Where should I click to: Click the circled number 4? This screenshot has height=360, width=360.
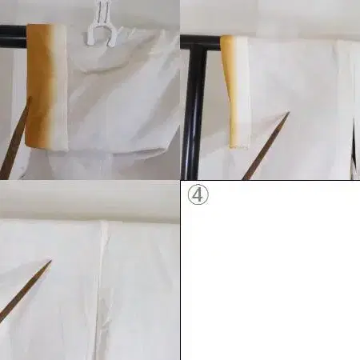click(x=198, y=195)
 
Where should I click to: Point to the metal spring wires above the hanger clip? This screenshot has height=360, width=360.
click(x=102, y=11)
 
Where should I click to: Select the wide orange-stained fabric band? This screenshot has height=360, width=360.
click(x=46, y=87)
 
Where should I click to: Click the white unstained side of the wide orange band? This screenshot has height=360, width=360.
click(x=62, y=87)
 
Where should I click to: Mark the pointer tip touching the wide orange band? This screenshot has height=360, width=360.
click(x=30, y=98)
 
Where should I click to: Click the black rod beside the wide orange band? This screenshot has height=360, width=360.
click(x=14, y=37)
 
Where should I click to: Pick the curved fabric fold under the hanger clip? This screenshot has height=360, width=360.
click(x=98, y=66)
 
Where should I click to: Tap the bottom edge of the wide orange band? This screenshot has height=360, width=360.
click(x=46, y=150)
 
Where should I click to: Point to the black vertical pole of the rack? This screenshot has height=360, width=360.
click(x=194, y=112)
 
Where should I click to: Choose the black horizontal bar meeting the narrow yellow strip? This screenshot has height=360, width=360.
click(x=201, y=42)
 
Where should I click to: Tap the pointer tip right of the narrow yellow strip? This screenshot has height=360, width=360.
click(x=288, y=113)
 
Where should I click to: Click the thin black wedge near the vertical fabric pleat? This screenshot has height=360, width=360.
click(x=354, y=144)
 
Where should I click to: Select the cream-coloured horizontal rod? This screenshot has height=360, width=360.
click(x=90, y=202)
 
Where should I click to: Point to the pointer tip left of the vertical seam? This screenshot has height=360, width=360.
click(x=50, y=262)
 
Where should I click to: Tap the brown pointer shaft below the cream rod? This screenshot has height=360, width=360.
click(x=26, y=291)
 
